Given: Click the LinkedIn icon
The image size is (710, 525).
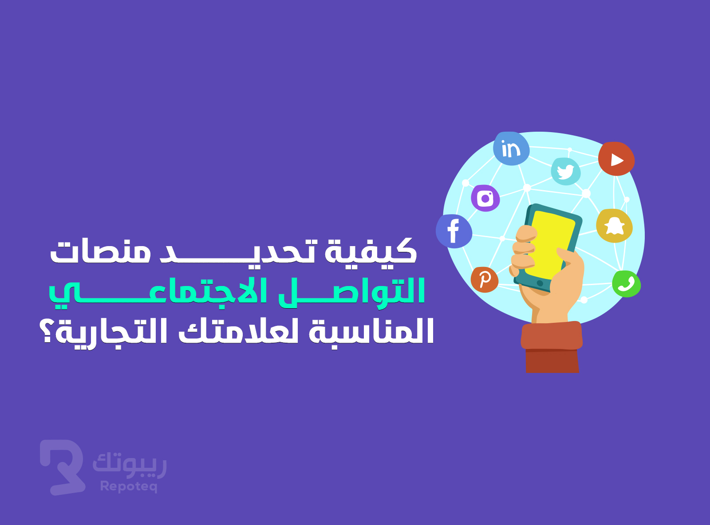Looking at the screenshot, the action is point(511,149).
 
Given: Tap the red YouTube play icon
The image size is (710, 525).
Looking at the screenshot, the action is point(616,159).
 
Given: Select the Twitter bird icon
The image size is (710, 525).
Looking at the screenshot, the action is point(566,171).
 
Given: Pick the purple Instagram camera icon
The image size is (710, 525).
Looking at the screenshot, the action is point(485,198).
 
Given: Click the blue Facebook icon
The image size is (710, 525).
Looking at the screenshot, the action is point(454,231).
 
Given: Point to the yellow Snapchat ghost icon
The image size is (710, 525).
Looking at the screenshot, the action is point(614,226).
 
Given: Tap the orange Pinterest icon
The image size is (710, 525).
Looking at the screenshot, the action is point(485,280).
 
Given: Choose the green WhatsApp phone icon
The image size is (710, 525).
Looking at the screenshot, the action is point(627,284).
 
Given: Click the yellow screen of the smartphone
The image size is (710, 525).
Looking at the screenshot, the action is point(550,245).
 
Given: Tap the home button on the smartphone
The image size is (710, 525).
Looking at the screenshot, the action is point(540,283).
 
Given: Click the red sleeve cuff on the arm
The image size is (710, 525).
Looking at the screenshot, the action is point(552,336).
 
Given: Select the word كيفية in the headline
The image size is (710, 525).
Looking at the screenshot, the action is point(371,251).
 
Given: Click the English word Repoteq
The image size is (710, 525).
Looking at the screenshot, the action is point(129,486).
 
